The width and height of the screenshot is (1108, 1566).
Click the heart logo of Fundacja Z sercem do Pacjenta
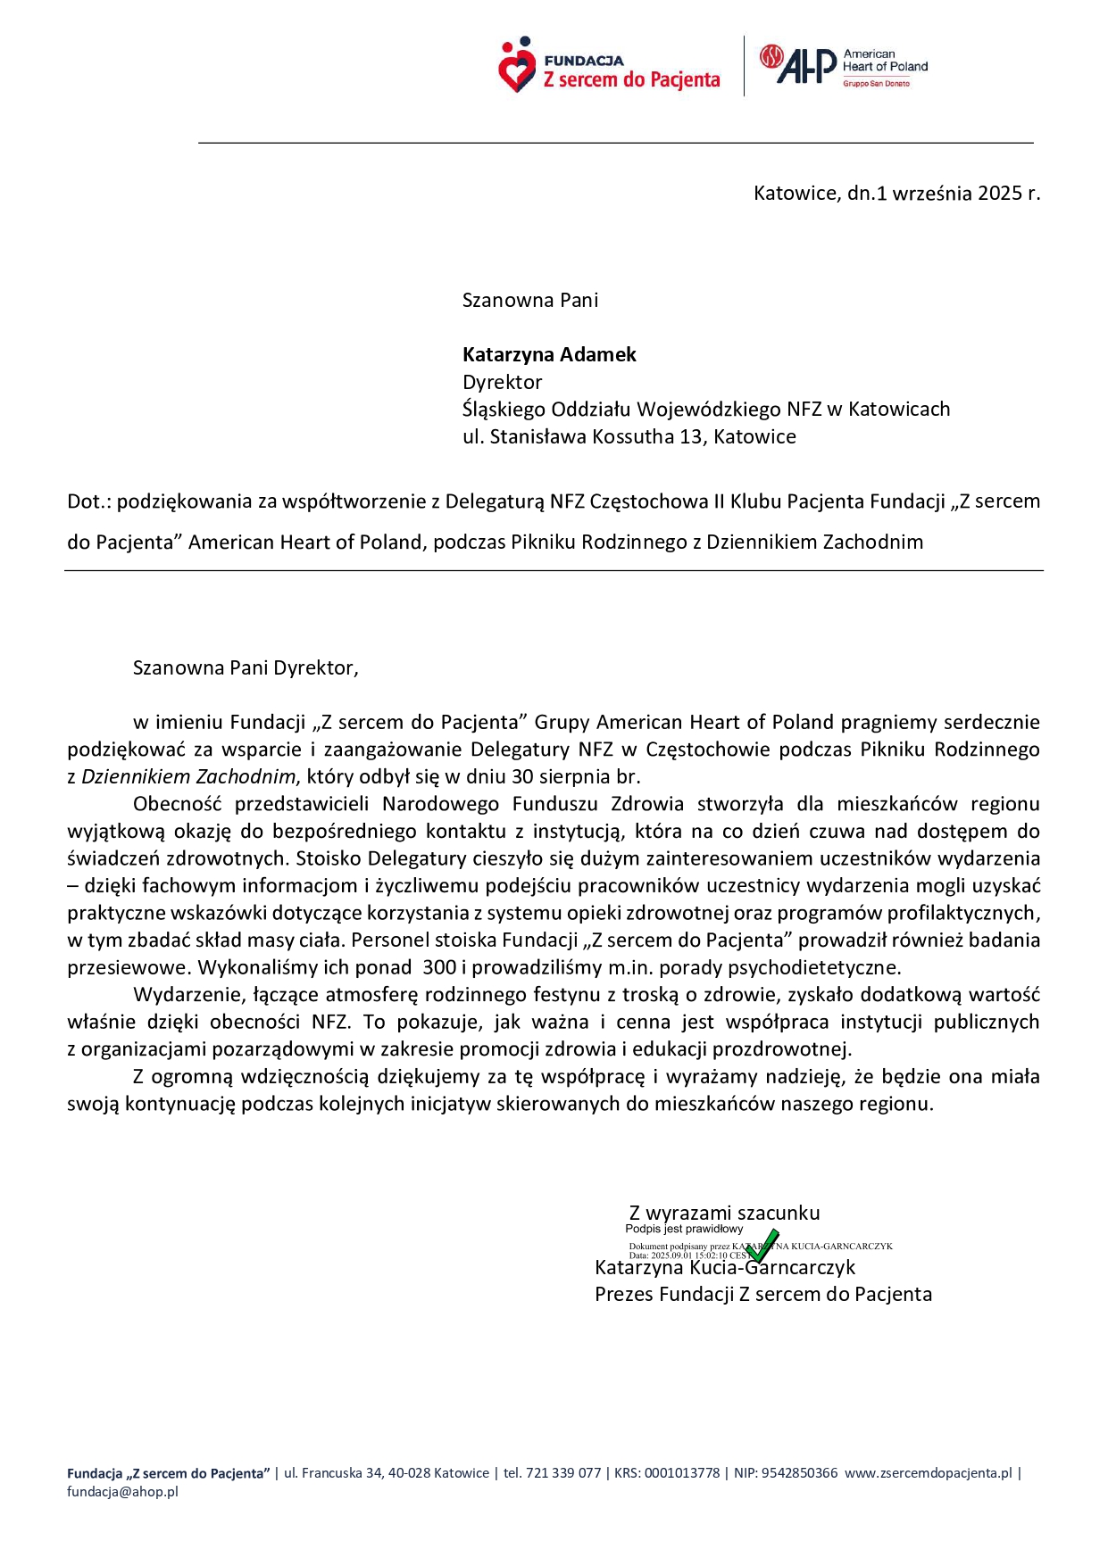point(516,66)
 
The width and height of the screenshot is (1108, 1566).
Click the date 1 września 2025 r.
point(960,194)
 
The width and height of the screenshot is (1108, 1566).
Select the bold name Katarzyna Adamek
point(549,355)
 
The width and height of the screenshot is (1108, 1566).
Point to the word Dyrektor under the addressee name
point(502,383)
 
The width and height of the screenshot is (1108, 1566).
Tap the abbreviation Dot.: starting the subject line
point(89,501)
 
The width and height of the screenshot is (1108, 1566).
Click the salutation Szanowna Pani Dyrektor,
point(246,668)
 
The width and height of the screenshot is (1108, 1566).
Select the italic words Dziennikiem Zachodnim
point(188,777)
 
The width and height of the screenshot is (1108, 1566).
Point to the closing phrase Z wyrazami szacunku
point(724,1214)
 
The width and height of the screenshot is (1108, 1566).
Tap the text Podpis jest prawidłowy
point(684,1230)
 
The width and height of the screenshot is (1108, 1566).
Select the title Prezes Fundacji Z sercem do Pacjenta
point(763,1295)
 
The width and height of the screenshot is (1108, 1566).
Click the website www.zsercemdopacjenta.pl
point(929,1473)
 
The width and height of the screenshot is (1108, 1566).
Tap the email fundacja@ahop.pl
point(122,1492)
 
